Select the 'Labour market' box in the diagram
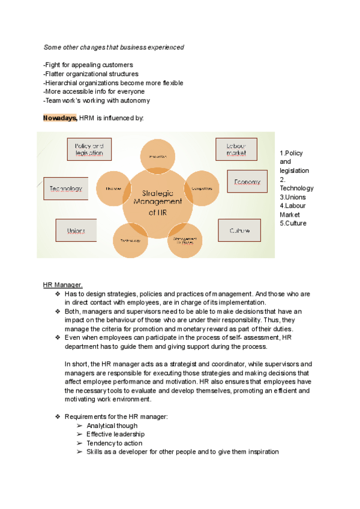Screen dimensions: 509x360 (236, 149)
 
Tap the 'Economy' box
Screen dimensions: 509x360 (247, 181)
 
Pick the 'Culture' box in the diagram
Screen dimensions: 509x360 (239, 230)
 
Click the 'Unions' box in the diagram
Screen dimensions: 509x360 (76, 230)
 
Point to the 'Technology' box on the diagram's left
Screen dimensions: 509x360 (66, 188)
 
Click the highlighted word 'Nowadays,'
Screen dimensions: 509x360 (60, 118)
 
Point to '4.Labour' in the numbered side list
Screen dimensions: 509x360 (293, 206)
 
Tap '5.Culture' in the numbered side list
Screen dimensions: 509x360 (293, 223)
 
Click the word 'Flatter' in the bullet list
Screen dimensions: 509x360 (56, 74)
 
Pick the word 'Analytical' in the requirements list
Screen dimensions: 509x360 (101, 426)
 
